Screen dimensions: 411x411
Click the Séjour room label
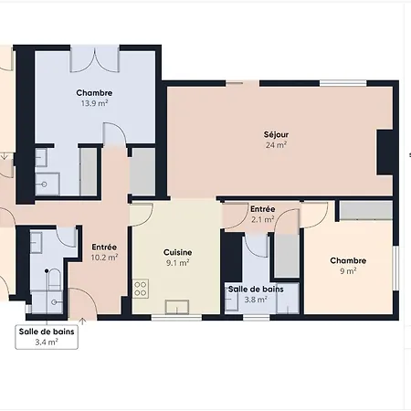pyautogui.click(x=276, y=134)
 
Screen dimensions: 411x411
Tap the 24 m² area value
pyautogui.click(x=276, y=145)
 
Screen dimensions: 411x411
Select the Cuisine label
pyautogui.click(x=178, y=252)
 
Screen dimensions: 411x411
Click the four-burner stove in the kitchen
pyautogui.click(x=141, y=289)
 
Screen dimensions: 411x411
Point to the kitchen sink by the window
pyautogui.click(x=177, y=307)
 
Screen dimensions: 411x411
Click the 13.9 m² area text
pyautogui.click(x=94, y=103)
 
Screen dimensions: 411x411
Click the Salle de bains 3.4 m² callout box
pyautogui.click(x=47, y=337)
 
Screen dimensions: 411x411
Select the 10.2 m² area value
pyautogui.click(x=104, y=258)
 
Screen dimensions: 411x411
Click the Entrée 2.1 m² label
pyautogui.click(x=262, y=214)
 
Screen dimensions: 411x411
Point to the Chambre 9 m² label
pyautogui.click(x=348, y=266)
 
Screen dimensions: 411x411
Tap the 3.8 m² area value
pyautogui.click(x=256, y=300)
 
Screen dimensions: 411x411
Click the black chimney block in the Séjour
pyautogui.click(x=385, y=153)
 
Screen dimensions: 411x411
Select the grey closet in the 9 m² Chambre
pyautogui.click(x=366, y=210)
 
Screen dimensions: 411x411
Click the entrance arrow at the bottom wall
pyautogui.click(x=82, y=321)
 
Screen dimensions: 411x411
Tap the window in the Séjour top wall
pyautogui.click(x=343, y=83)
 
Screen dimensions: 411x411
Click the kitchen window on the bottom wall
pyautogui.click(x=176, y=318)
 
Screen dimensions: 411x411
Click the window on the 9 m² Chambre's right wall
pyautogui.click(x=395, y=269)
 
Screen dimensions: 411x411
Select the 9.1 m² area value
pyautogui.click(x=178, y=263)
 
